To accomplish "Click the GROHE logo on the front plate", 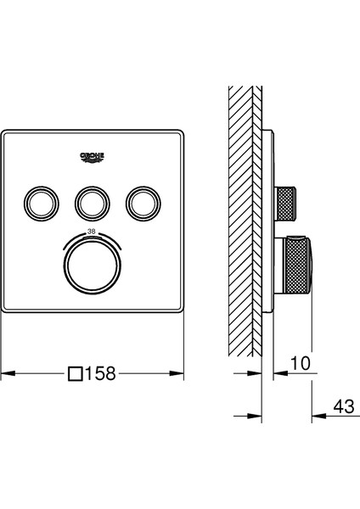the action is coord(93,157).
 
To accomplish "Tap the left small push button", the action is coord(42,204).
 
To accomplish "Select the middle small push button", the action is coord(93,204).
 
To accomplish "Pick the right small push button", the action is coord(143,204).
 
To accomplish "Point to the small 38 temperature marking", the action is coord(92,232).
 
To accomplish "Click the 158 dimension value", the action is coord(100,373).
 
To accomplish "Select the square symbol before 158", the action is coord(75,373).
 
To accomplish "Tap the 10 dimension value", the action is coord(301,363).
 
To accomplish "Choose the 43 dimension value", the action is coord(344,406).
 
